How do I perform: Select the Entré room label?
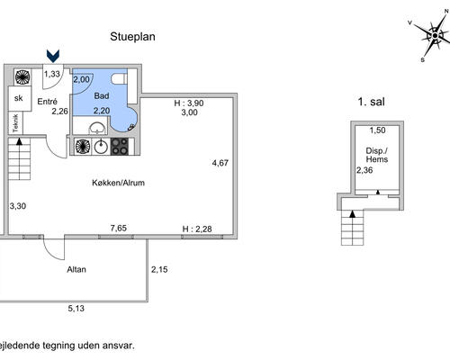point(47,101)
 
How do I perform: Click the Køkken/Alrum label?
point(118,183)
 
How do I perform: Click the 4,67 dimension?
point(220,163)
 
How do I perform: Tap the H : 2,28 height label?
point(198,229)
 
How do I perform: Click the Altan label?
point(76,269)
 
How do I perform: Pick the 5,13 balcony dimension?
point(78,309)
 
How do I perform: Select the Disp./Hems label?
point(377,155)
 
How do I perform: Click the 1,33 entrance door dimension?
point(53,74)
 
